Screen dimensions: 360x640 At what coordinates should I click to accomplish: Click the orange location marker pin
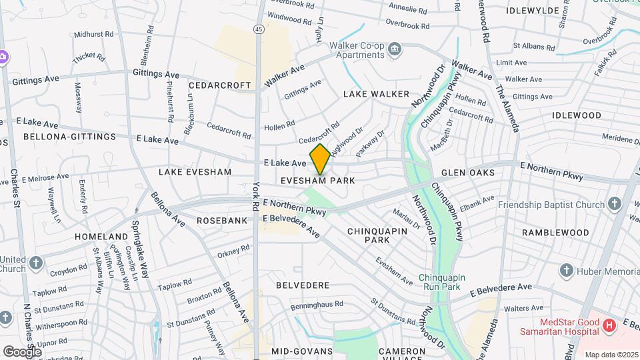(320, 159)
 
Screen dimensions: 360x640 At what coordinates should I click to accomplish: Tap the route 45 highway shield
(257, 29)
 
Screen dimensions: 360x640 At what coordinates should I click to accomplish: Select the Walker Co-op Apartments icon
(395, 49)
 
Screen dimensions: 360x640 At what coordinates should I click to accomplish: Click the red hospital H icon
(608, 326)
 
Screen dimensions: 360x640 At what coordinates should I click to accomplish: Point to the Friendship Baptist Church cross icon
(614, 205)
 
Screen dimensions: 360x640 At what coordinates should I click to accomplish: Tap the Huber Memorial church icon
(567, 271)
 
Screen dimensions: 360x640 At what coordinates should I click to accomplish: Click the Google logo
(22, 351)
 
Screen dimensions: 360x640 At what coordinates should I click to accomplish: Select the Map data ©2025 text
(611, 355)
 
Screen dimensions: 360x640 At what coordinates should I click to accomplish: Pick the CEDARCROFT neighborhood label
(219, 85)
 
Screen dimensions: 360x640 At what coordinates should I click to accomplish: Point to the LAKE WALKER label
(376, 95)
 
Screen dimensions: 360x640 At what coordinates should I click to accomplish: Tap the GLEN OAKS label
(468, 173)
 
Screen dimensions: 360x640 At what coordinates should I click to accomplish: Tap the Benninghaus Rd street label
(317, 305)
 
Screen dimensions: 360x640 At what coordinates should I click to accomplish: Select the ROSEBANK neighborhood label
(222, 219)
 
